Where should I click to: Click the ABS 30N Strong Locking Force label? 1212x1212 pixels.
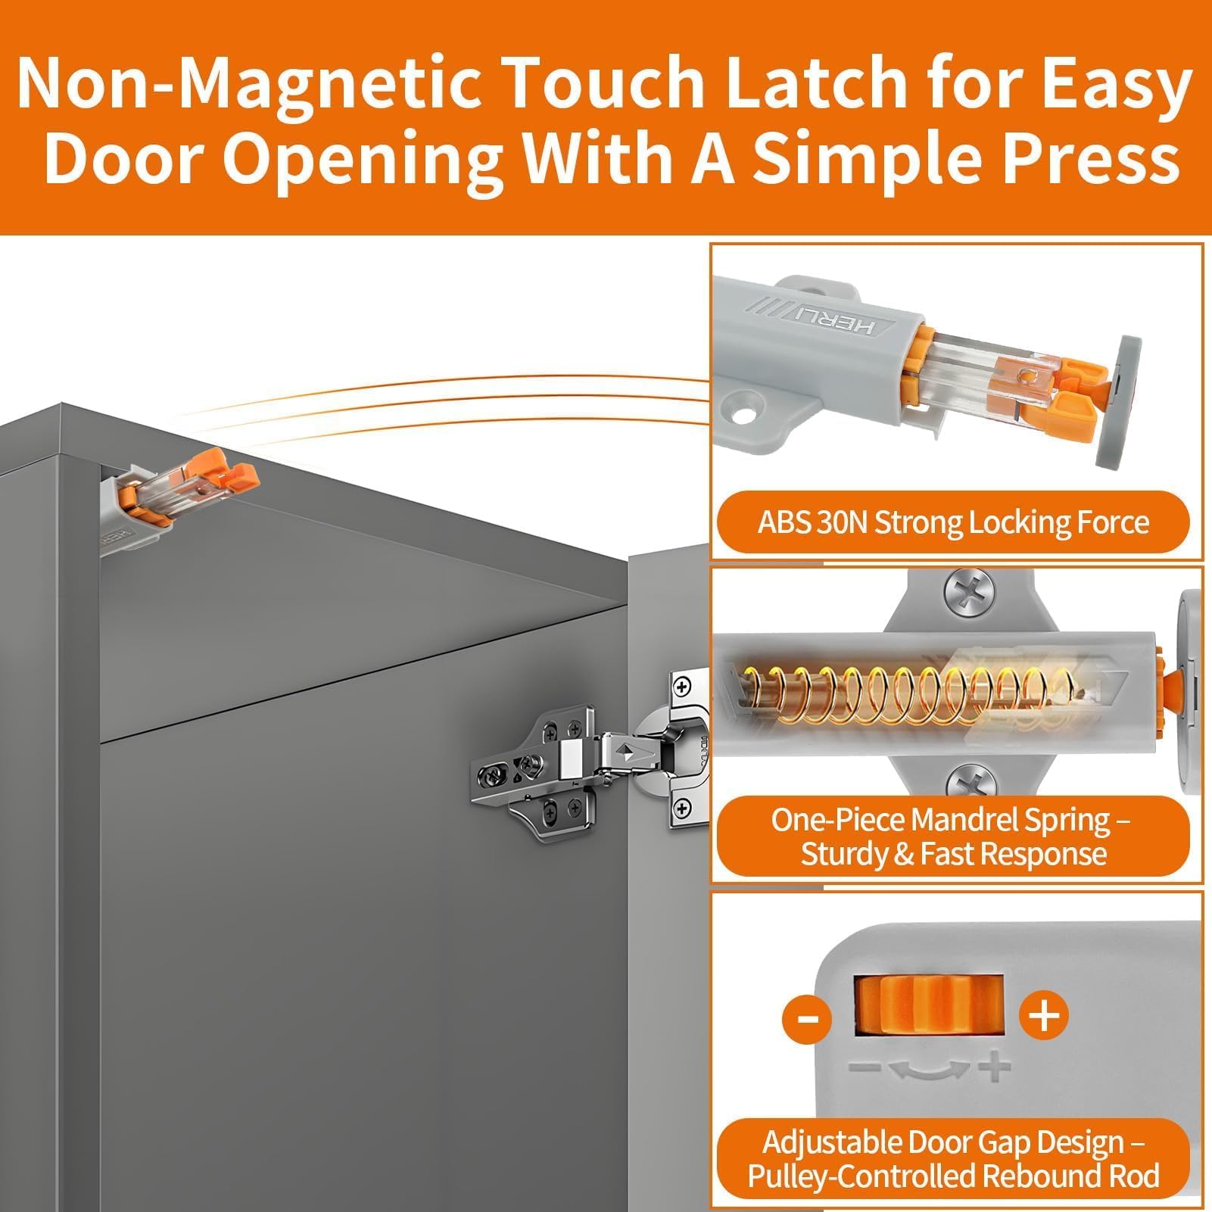point(953,522)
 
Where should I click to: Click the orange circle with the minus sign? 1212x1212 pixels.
point(807,1016)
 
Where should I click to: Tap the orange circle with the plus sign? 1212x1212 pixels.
point(1044,1014)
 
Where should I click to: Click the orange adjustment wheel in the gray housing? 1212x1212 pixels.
point(930,1004)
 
